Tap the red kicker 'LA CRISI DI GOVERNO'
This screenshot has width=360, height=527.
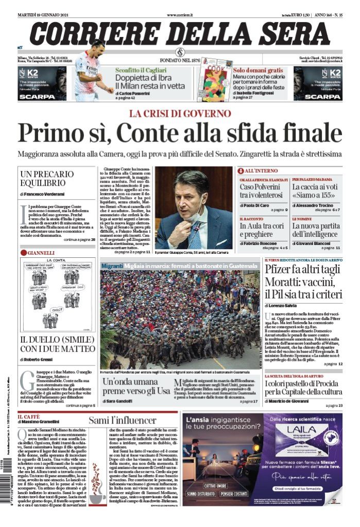(180, 113)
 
